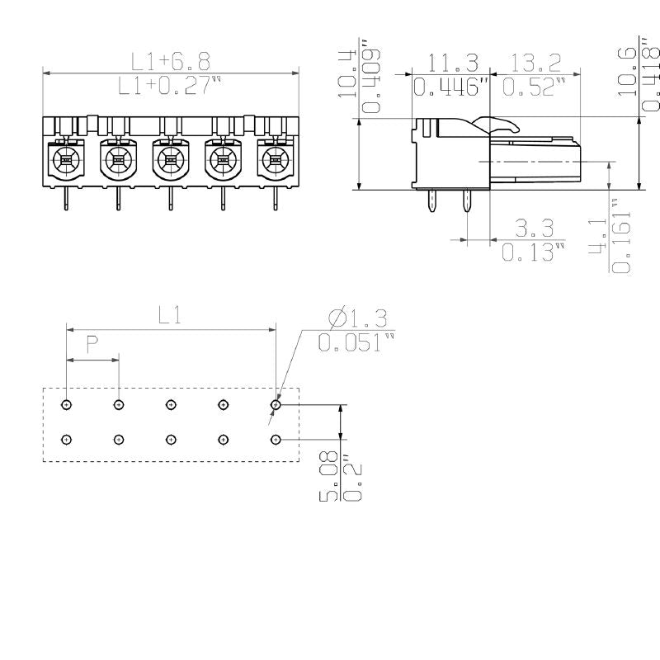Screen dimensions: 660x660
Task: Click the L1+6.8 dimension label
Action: (x=171, y=61)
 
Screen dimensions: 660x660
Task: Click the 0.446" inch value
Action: (x=451, y=87)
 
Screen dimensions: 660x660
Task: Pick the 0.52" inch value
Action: (x=534, y=87)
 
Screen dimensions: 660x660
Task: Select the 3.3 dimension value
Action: (x=534, y=229)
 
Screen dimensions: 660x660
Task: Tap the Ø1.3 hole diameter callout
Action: (x=356, y=318)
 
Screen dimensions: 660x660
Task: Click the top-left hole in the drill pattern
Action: (x=67, y=405)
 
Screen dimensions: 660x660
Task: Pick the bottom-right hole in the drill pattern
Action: (x=275, y=439)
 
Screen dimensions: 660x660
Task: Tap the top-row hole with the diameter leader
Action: (x=276, y=405)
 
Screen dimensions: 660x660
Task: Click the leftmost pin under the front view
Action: (x=66, y=198)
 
